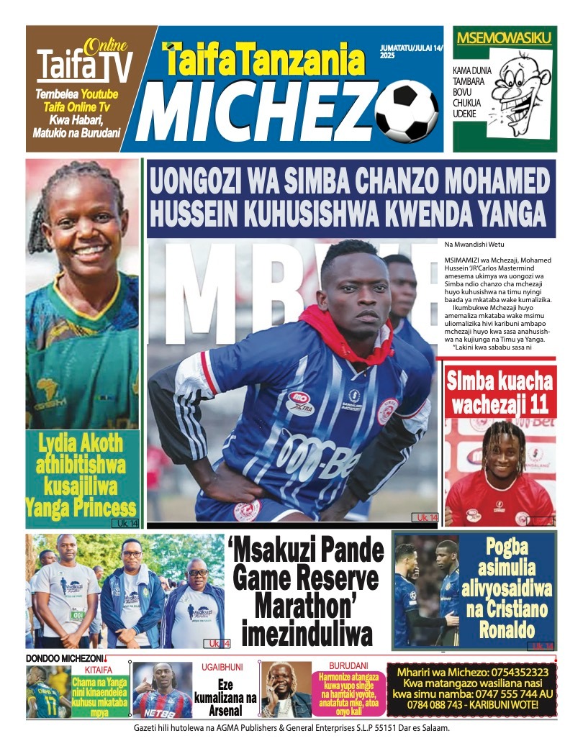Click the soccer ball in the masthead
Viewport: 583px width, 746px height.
click(406, 111)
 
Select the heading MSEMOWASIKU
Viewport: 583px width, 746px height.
click(505, 38)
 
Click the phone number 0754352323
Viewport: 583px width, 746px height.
click(513, 673)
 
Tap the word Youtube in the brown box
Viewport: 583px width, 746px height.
click(99, 94)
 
